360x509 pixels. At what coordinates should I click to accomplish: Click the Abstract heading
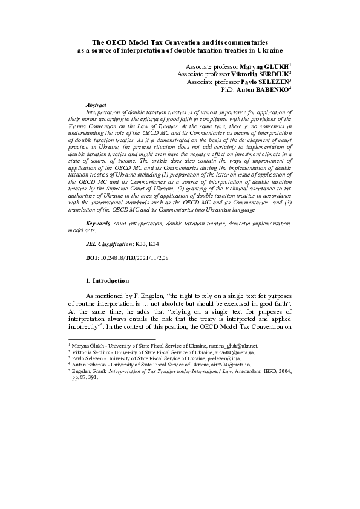pyautogui.click(x=97, y=105)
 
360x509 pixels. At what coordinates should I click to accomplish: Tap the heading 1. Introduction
pyautogui.click(x=108, y=280)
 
